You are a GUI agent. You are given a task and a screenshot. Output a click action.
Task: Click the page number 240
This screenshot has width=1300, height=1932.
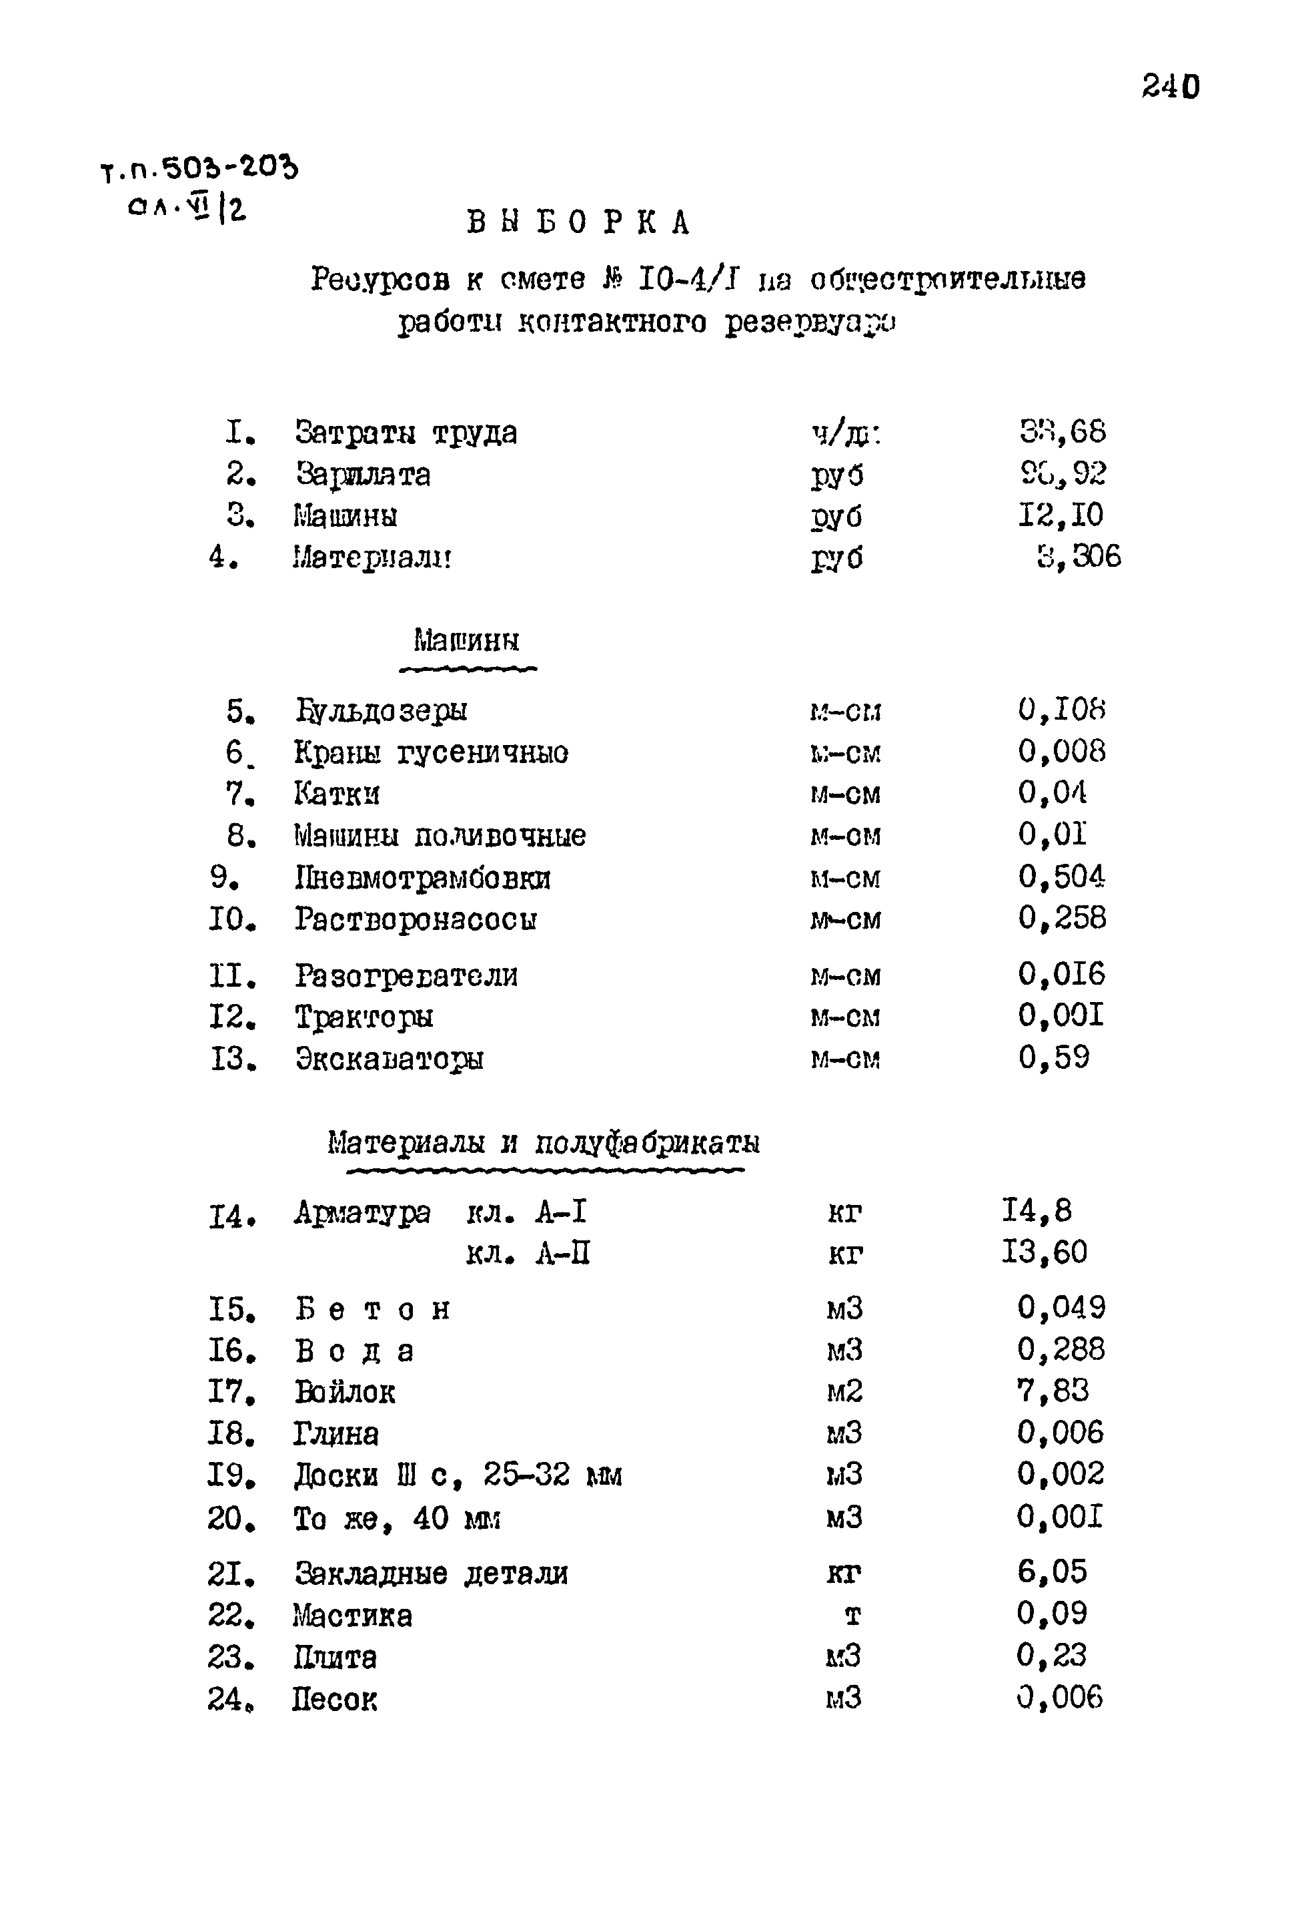click(x=1170, y=87)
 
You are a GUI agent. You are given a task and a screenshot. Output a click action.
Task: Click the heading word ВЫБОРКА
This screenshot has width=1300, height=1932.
click(x=579, y=222)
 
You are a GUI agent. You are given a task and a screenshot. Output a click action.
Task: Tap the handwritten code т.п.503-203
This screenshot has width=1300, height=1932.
click(x=199, y=169)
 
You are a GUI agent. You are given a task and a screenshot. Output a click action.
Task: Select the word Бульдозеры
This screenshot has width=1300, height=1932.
click(x=382, y=711)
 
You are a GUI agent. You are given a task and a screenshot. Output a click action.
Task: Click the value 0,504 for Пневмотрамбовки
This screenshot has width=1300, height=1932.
click(x=1061, y=877)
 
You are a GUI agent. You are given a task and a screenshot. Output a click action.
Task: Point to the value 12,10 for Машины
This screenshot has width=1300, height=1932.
click(x=1061, y=515)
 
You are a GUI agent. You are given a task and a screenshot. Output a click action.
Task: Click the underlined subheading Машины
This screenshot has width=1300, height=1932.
click(x=467, y=640)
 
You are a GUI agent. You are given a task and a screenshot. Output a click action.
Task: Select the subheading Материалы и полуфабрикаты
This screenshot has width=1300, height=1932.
click(x=544, y=1143)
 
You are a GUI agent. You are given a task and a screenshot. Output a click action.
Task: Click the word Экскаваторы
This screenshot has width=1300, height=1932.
click(x=390, y=1059)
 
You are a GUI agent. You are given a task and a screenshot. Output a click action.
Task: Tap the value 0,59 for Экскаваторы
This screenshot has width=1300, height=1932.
click(x=1054, y=1057)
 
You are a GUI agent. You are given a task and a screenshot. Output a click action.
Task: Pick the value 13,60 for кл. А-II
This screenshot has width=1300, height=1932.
click(x=1044, y=1252)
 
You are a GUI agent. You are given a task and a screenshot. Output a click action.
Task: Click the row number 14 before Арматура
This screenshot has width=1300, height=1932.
click(x=231, y=1218)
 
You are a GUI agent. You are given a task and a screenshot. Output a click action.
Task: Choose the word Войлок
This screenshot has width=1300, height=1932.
click(x=345, y=1392)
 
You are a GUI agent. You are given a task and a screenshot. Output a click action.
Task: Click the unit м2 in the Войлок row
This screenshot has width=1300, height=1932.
click(x=844, y=1391)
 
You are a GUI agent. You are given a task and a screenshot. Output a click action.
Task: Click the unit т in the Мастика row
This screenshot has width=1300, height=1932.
click(x=852, y=1615)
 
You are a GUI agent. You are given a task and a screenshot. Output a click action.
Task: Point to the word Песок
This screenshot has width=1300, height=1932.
click(x=334, y=1700)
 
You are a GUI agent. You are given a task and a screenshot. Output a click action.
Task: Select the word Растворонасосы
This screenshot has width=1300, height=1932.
click(x=416, y=919)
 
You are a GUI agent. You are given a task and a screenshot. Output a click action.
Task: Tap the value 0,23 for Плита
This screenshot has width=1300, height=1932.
click(x=1051, y=1656)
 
